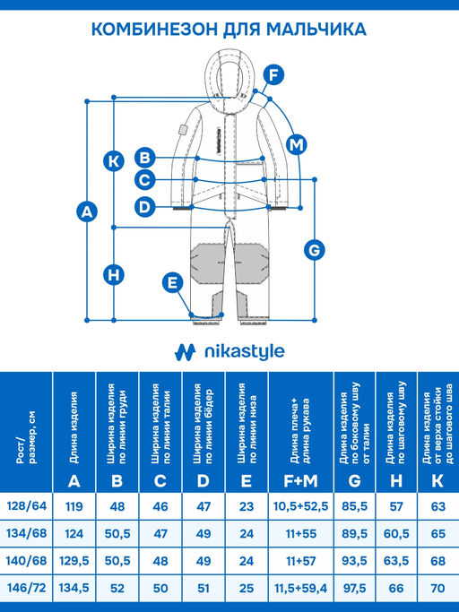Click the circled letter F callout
273,74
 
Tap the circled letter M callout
297,145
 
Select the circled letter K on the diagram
114,161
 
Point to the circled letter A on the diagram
87,211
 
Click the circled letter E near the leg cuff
173,282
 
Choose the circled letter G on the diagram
315,250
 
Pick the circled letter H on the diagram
114,274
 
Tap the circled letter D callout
145,206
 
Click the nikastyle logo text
245,352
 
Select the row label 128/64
27,506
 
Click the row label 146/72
27,588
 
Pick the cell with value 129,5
74,561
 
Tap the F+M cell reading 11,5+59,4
301,588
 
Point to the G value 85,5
354,506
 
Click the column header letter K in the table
437,481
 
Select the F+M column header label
301,481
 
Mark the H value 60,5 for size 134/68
396,533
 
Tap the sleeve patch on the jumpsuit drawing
183,129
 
